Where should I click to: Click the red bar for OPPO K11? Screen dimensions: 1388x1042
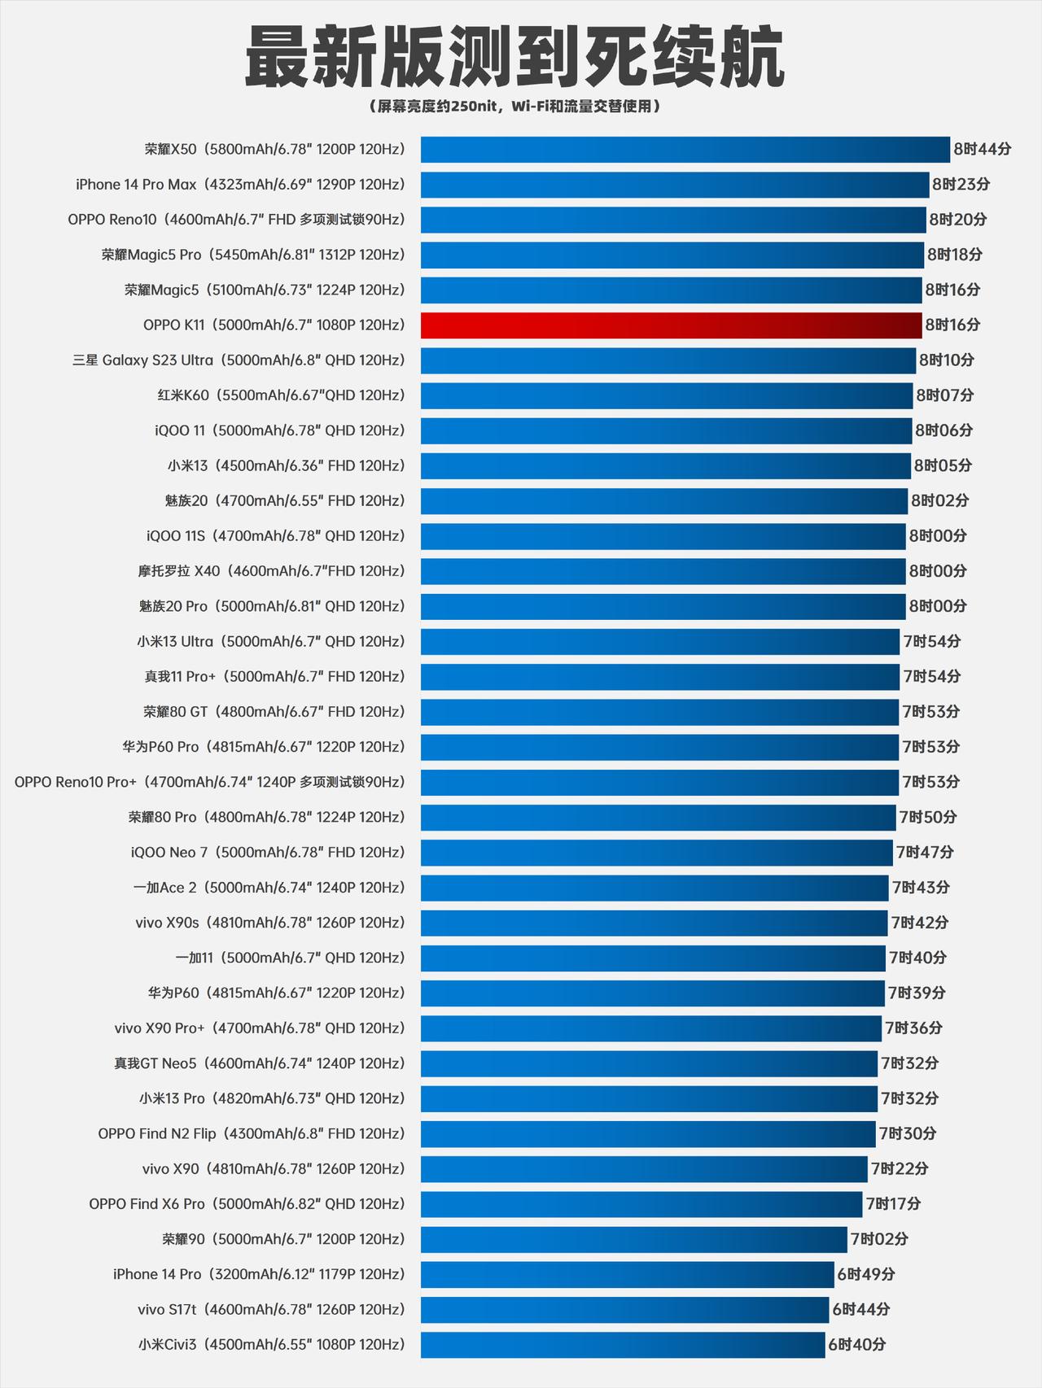pyautogui.click(x=671, y=325)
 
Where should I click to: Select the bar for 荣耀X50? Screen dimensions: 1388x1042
pyautogui.click(x=685, y=150)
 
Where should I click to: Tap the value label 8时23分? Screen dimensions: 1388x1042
pyautogui.click(x=961, y=185)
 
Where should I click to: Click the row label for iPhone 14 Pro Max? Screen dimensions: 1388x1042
pyautogui.click(x=240, y=185)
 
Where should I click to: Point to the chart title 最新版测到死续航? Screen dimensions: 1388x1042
pyautogui.click(x=514, y=57)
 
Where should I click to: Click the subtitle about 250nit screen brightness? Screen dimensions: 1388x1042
pyautogui.click(x=514, y=107)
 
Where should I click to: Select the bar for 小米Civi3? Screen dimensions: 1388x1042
pyautogui.click(x=623, y=1345)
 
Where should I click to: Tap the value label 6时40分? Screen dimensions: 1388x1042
pyautogui.click(x=856, y=1345)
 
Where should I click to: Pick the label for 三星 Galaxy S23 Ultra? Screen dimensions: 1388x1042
pyautogui.click(x=239, y=360)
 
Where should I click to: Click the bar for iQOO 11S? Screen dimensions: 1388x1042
pyautogui.click(x=663, y=536)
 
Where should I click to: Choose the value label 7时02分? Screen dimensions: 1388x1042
pyautogui.click(x=879, y=1239)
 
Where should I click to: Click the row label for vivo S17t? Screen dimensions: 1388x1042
pyautogui.click(x=271, y=1310)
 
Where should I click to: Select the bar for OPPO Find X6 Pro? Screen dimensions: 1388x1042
pyautogui.click(x=641, y=1204)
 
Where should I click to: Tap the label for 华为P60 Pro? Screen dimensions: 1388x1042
pyautogui.click(x=264, y=747)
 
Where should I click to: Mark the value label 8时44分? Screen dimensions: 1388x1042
pyautogui.click(x=982, y=150)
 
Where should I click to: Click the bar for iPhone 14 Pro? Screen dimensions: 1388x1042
pyautogui.click(x=627, y=1274)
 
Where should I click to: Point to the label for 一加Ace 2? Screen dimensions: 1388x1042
pyautogui.click(x=269, y=888)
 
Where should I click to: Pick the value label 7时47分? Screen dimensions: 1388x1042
pyautogui.click(x=925, y=853)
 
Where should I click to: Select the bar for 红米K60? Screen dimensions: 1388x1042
pyautogui.click(x=667, y=395)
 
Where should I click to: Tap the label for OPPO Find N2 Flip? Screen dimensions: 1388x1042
pyautogui.click(x=251, y=1134)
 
